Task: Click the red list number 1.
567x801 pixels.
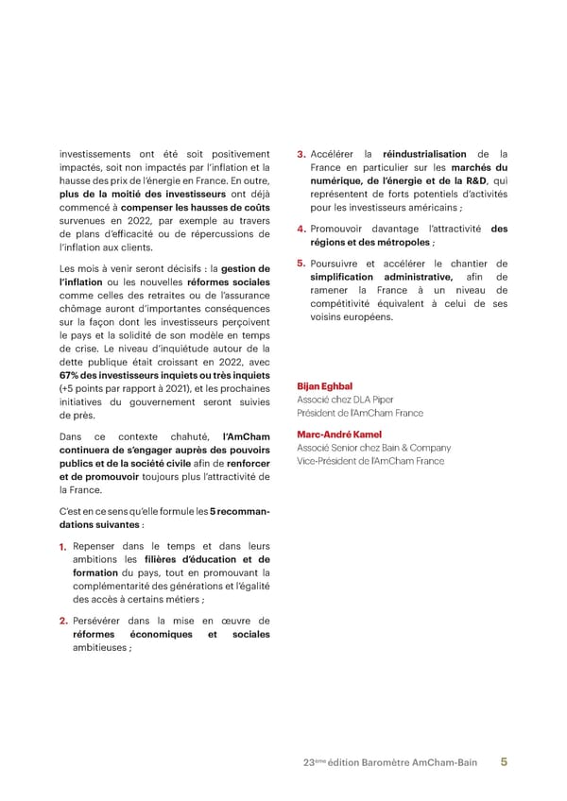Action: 62,547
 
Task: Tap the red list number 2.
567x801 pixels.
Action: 62,621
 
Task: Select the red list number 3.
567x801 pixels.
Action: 301,155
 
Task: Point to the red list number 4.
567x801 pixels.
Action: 301,229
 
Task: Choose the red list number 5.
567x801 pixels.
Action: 301,264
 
